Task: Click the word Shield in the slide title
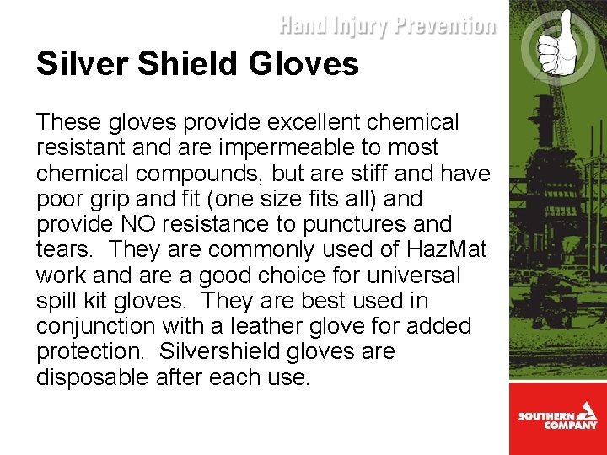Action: click(x=190, y=63)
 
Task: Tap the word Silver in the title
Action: click(x=73, y=63)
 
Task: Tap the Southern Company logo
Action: click(x=557, y=419)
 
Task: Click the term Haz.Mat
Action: click(x=439, y=250)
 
